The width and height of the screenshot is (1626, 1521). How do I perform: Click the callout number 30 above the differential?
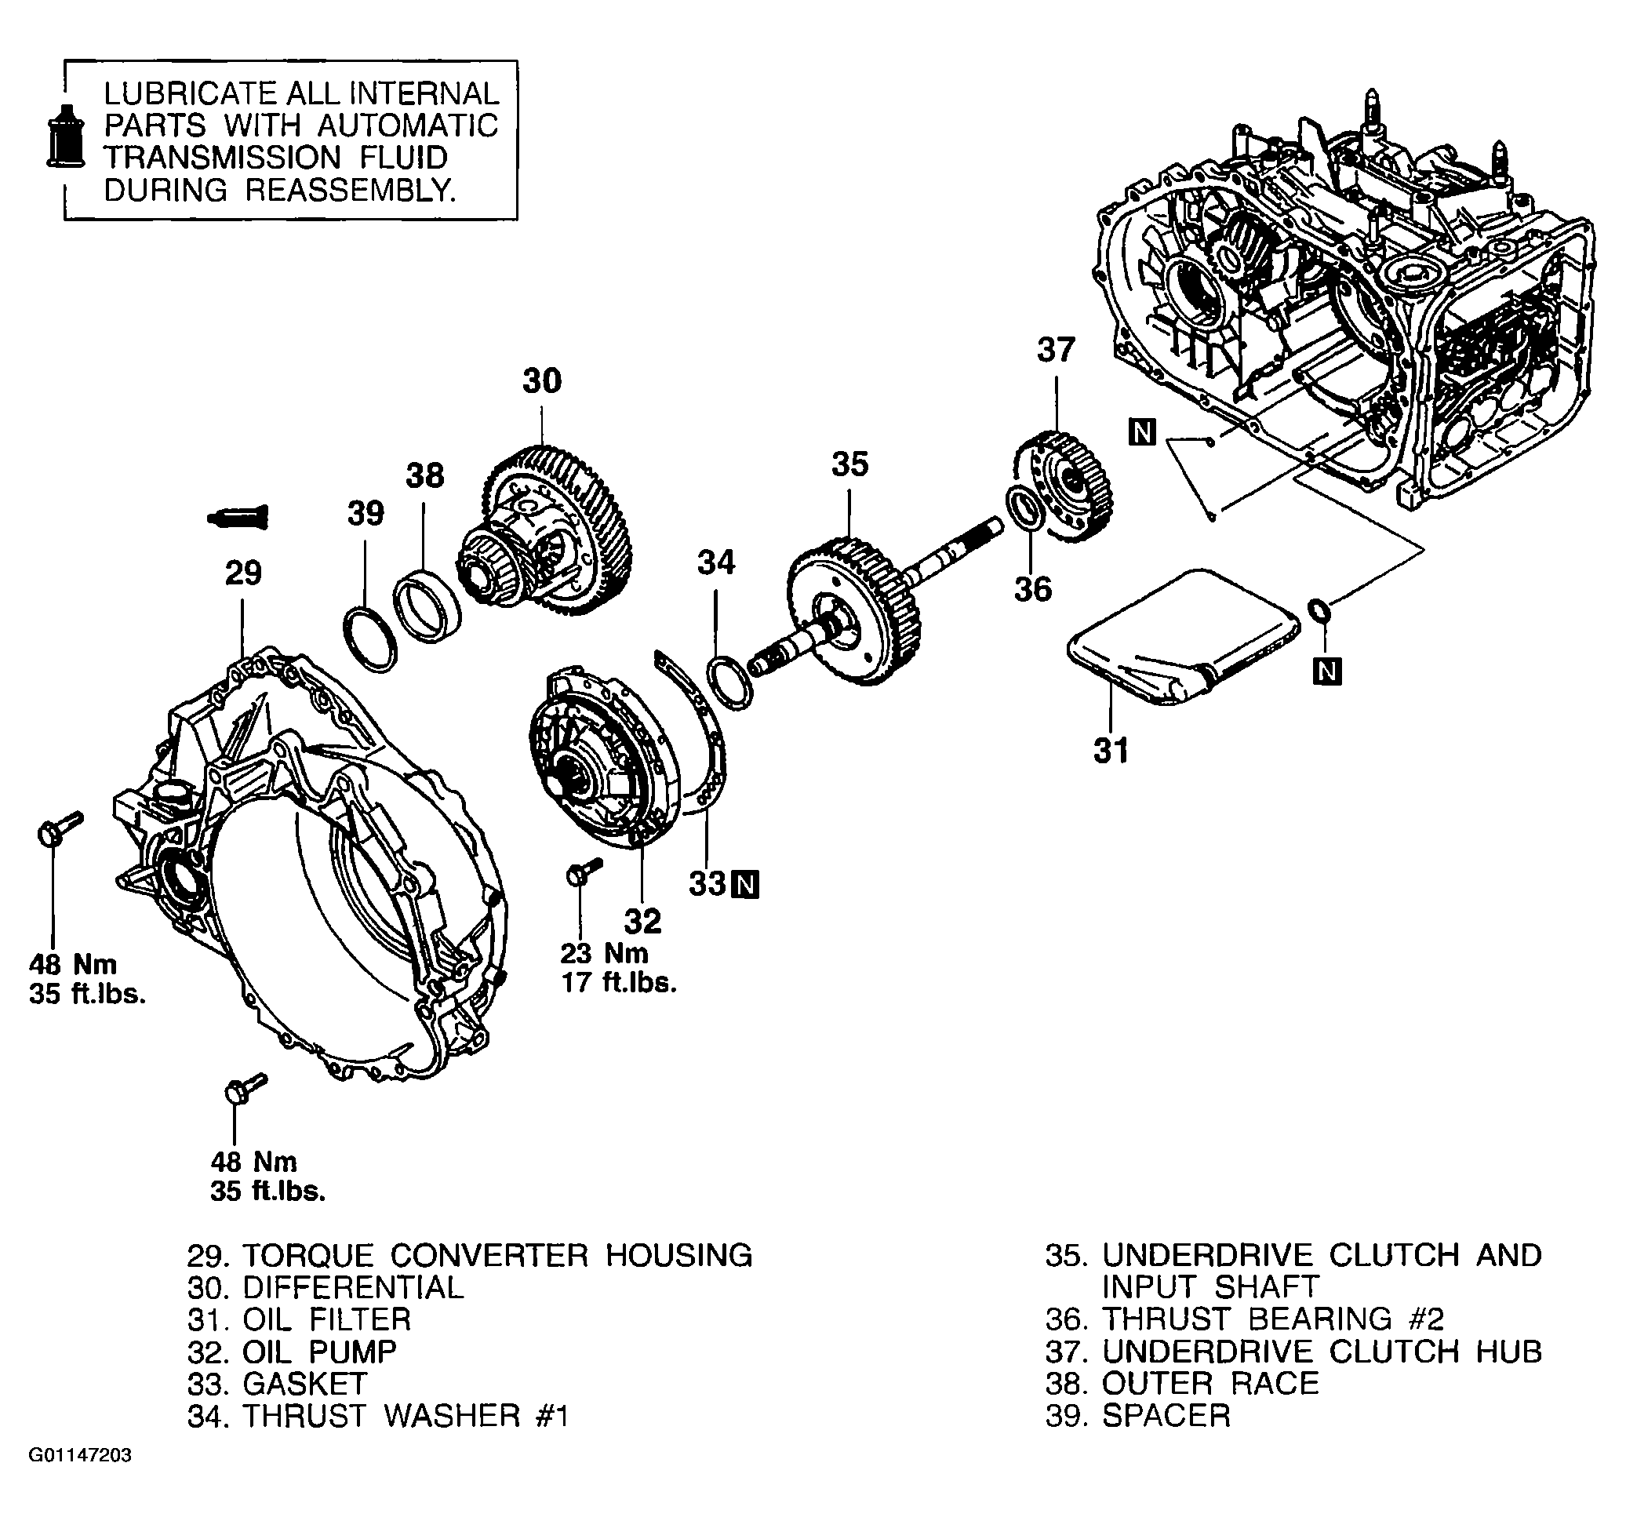pos(542,381)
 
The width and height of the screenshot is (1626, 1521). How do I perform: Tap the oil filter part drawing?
pos(1184,635)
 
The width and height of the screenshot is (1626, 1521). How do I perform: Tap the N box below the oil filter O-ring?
pos(1326,671)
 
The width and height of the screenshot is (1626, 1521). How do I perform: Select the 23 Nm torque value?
pos(605,953)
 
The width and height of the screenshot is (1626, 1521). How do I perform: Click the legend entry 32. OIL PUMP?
pos(292,1352)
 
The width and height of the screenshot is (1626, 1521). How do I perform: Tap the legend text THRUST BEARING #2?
pos(1273,1319)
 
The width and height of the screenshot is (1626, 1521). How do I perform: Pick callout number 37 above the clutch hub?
pos(1056,350)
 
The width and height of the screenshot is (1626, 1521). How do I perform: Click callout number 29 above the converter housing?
pos(243,573)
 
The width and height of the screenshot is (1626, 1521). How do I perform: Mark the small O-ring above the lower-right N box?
pos(1319,609)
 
